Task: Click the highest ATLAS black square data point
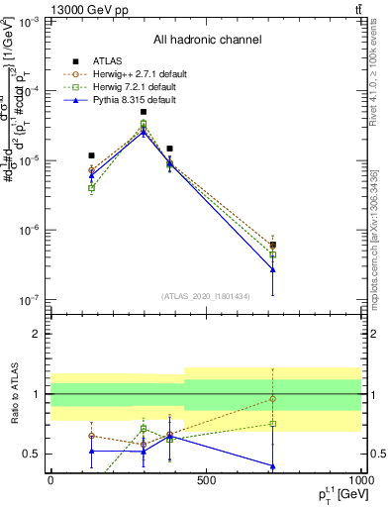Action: pyautogui.click(x=144, y=112)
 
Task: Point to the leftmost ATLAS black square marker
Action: pyautogui.click(x=92, y=155)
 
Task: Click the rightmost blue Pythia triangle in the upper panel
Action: pyautogui.click(x=272, y=269)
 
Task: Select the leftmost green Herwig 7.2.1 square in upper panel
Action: pyautogui.click(x=92, y=188)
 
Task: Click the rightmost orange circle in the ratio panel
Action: pyautogui.click(x=272, y=399)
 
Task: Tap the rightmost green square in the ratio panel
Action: pyautogui.click(x=272, y=424)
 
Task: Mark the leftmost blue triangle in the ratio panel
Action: pyautogui.click(x=92, y=452)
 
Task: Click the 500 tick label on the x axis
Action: pyautogui.click(x=206, y=479)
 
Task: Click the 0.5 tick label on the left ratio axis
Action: pyautogui.click(x=36, y=455)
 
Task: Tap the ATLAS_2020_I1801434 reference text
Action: pyautogui.click(x=206, y=296)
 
